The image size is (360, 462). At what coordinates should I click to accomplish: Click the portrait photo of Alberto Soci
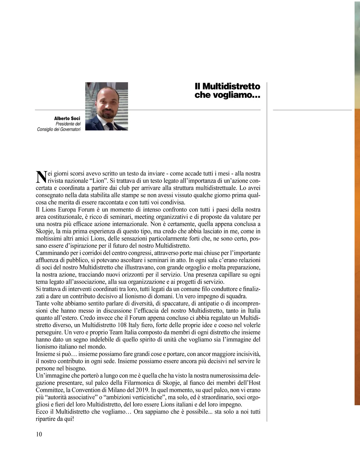click(x=106, y=106)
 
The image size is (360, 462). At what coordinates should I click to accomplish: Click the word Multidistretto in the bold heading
click(x=231, y=86)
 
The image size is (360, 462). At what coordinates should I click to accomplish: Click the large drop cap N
click(x=40, y=177)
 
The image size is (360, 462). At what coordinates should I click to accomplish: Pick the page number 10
click(x=39, y=434)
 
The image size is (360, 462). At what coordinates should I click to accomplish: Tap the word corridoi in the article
click(x=92, y=253)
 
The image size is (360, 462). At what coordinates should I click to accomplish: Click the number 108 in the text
click(x=120, y=325)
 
